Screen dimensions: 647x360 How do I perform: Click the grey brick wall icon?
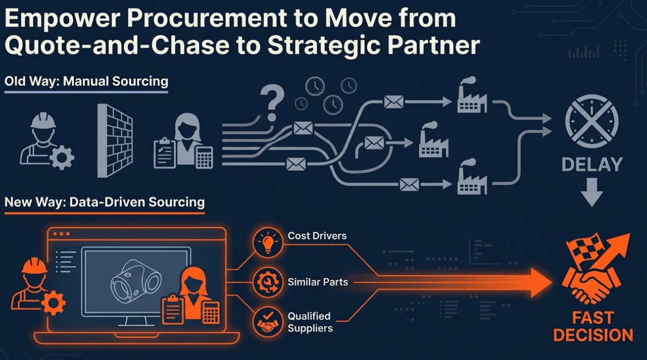(115, 140)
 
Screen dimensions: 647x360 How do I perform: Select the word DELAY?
(591, 165)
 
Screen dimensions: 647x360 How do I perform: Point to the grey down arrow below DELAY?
(591, 191)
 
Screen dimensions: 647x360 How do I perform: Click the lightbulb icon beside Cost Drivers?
(268, 242)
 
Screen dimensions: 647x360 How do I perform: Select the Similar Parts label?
(318, 282)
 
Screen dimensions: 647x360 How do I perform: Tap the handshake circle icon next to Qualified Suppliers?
(268, 322)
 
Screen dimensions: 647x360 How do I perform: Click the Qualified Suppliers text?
(310, 322)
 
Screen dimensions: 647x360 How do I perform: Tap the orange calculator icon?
(211, 312)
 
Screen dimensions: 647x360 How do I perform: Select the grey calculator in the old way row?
(204, 157)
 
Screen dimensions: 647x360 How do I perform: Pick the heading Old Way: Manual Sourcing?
(86, 81)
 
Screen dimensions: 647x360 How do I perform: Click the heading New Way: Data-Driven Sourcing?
(104, 201)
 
